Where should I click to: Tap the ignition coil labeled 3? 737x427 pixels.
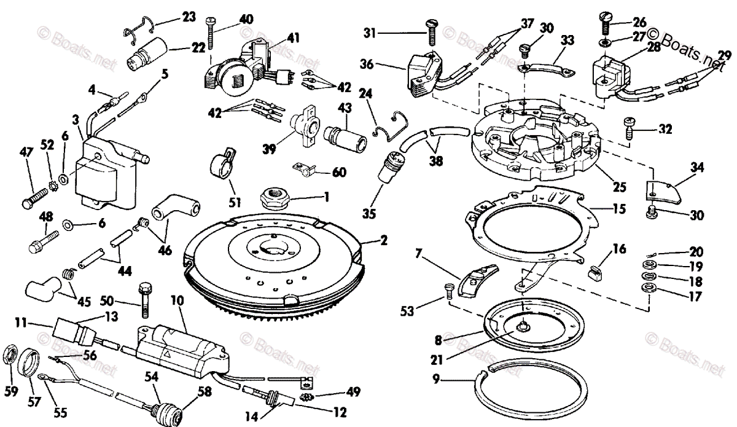[x=98, y=176]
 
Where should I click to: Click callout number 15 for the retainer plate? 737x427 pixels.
[x=618, y=210]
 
